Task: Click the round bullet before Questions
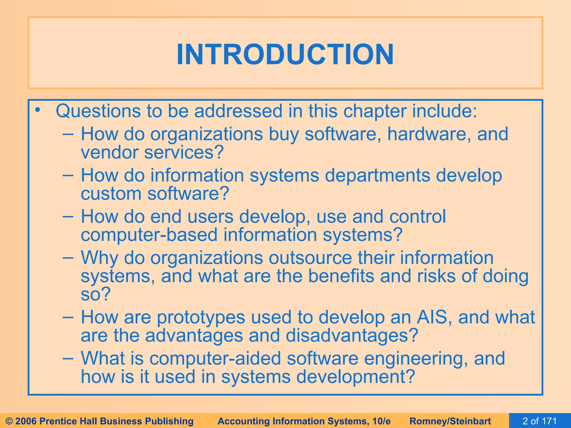38,110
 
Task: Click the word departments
377,175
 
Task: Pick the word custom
111,194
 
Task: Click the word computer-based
149,235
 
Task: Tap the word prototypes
201,317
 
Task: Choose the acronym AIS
432,317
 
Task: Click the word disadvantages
352,335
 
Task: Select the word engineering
416,359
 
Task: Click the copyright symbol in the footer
9,421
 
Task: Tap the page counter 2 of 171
539,421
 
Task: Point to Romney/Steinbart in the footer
450,421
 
